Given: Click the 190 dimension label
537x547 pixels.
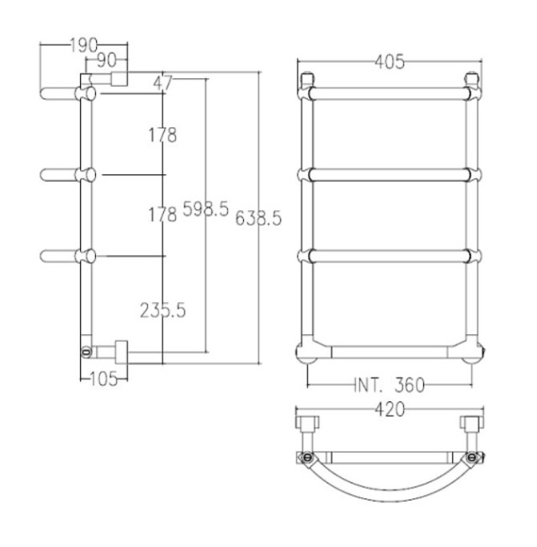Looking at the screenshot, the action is (83, 45).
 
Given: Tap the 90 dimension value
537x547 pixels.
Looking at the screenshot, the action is (106, 61).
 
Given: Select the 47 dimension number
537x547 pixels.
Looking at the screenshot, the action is (162, 83).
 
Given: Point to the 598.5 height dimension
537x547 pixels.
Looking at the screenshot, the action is (205, 209).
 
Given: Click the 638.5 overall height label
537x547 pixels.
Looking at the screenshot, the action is (258, 219).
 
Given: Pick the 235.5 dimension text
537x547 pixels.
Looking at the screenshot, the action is (163, 311).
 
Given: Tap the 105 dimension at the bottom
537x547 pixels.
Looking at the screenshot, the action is (104, 379).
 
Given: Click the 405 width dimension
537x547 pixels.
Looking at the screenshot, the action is (390, 62).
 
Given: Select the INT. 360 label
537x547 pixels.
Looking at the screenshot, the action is (389, 385).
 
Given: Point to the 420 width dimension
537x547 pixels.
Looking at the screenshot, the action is (390, 410).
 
